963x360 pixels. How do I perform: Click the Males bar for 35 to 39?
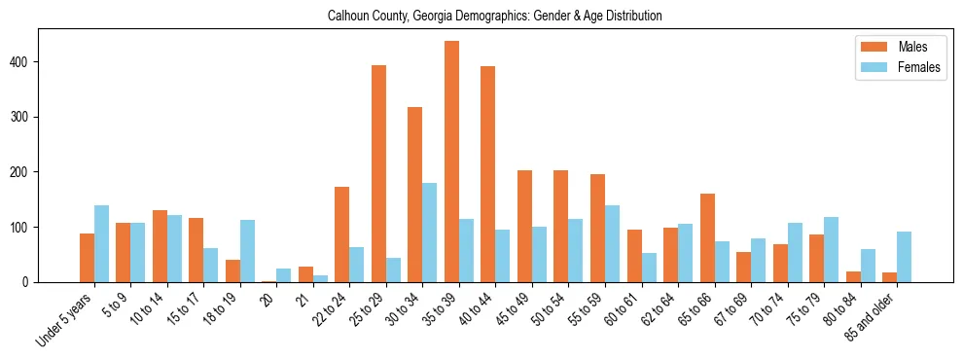point(451,162)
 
